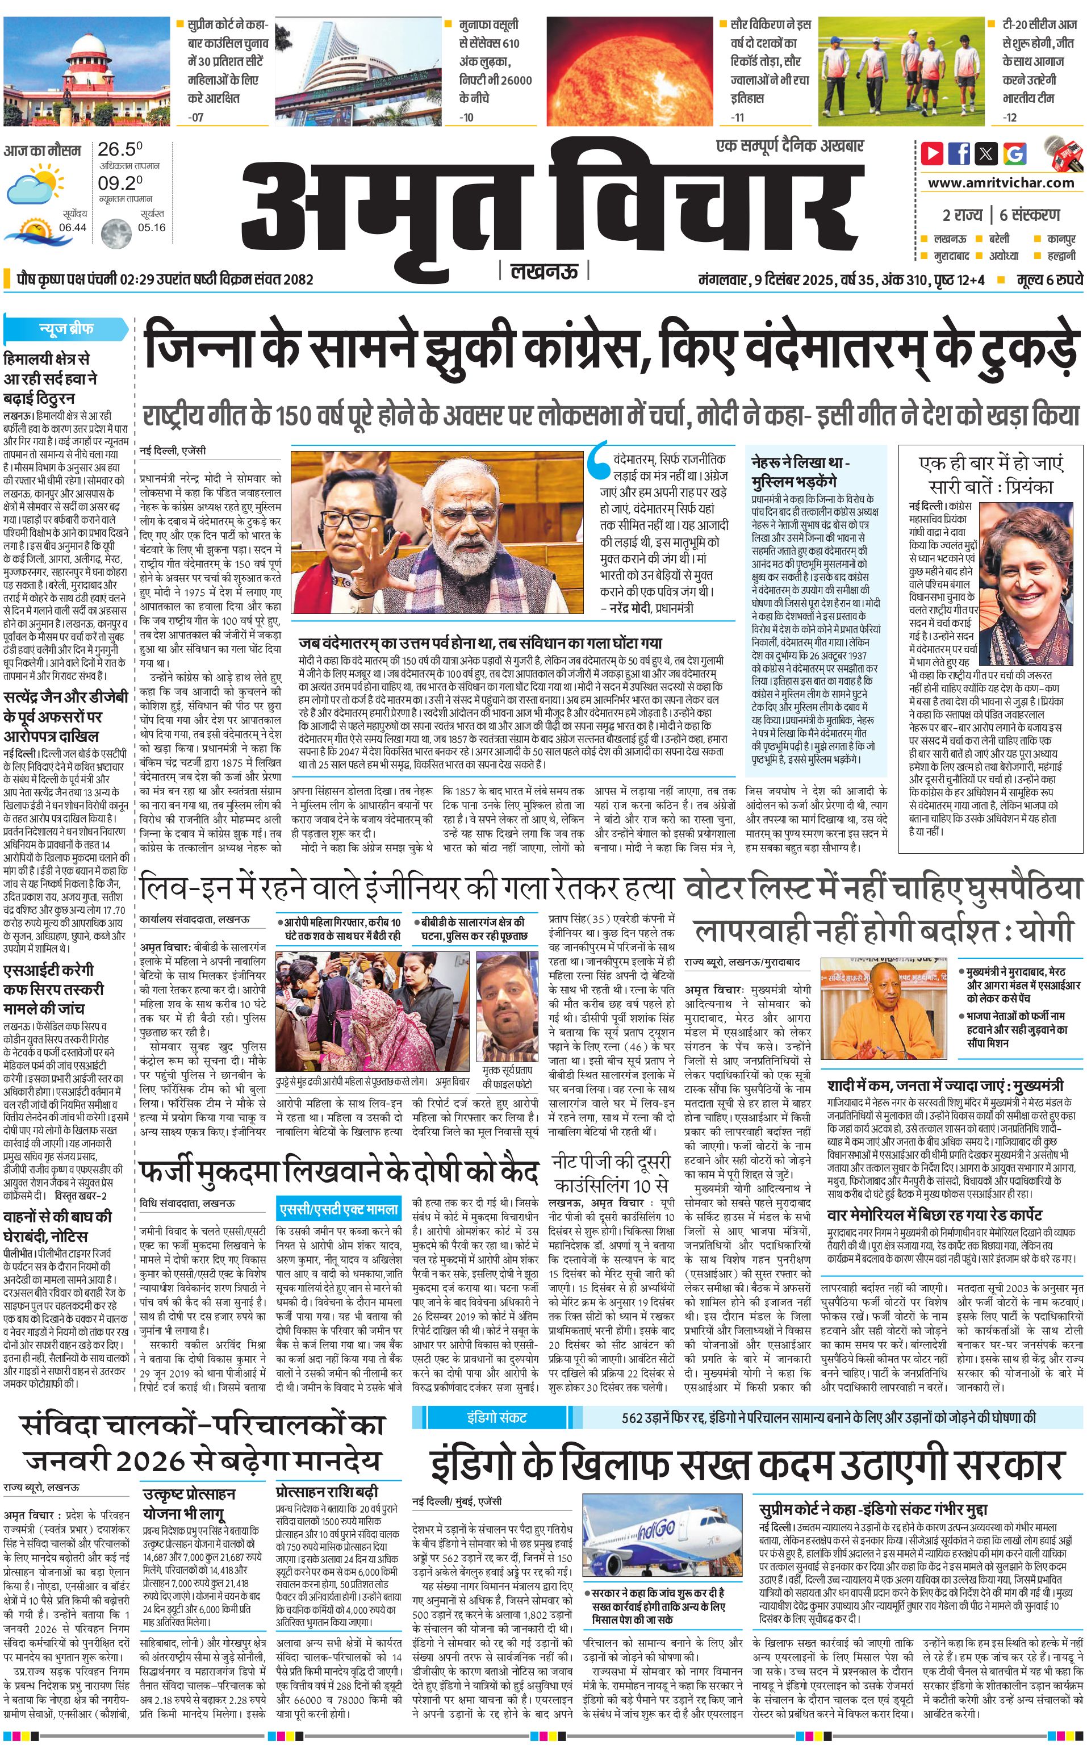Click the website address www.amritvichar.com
click(1001, 183)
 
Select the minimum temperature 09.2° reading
click(120, 183)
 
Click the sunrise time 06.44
click(73, 227)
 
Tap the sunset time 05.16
click(152, 227)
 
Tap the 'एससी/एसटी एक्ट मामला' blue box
click(338, 1209)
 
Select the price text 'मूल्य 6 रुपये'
click(1050, 279)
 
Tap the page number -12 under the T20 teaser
click(1010, 117)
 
